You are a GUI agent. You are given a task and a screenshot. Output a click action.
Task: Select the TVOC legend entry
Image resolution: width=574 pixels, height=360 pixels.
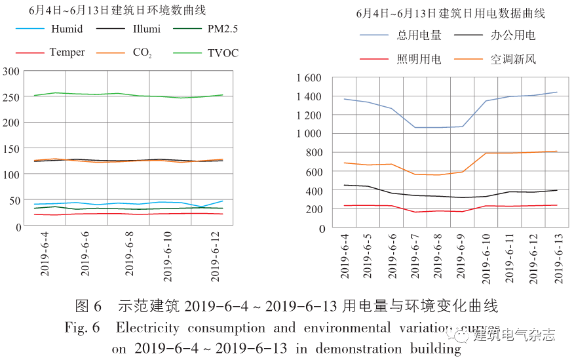tap(223, 52)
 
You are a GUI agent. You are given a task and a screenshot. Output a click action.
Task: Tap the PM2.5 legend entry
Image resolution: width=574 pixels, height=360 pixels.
tap(223, 30)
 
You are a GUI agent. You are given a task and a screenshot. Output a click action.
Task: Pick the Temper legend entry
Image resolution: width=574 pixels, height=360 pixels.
tap(67, 52)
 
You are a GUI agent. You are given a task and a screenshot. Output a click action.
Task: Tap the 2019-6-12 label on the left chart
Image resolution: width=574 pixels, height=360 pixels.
tap(215, 257)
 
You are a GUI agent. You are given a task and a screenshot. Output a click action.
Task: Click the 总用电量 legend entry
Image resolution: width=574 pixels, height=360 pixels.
tap(419, 35)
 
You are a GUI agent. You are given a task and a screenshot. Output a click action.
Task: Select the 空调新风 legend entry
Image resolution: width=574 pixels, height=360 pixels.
tap(514, 59)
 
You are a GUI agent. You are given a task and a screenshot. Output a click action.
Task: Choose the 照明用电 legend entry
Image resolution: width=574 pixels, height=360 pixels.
tap(419, 59)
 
